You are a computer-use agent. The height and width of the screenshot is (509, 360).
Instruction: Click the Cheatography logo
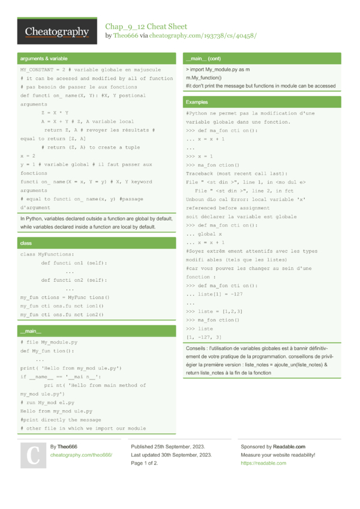pos(56,32)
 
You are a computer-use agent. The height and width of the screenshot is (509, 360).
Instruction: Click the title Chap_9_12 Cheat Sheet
pos(146,26)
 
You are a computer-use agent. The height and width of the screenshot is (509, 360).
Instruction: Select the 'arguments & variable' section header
pos(43,59)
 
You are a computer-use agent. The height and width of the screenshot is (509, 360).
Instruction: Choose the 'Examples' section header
pos(197,103)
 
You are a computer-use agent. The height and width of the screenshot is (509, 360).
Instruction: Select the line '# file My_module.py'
pos(49,342)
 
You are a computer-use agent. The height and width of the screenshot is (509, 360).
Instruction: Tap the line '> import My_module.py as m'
pos(218,70)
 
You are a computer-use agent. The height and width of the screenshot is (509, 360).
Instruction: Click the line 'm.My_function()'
pos(203,78)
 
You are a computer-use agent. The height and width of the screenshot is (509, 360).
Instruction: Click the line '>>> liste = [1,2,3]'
pos(214,312)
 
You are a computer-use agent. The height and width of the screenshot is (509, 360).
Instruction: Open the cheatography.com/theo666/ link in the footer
pos(81,455)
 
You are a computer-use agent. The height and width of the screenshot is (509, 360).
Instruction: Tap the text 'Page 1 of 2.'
pos(145,463)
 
